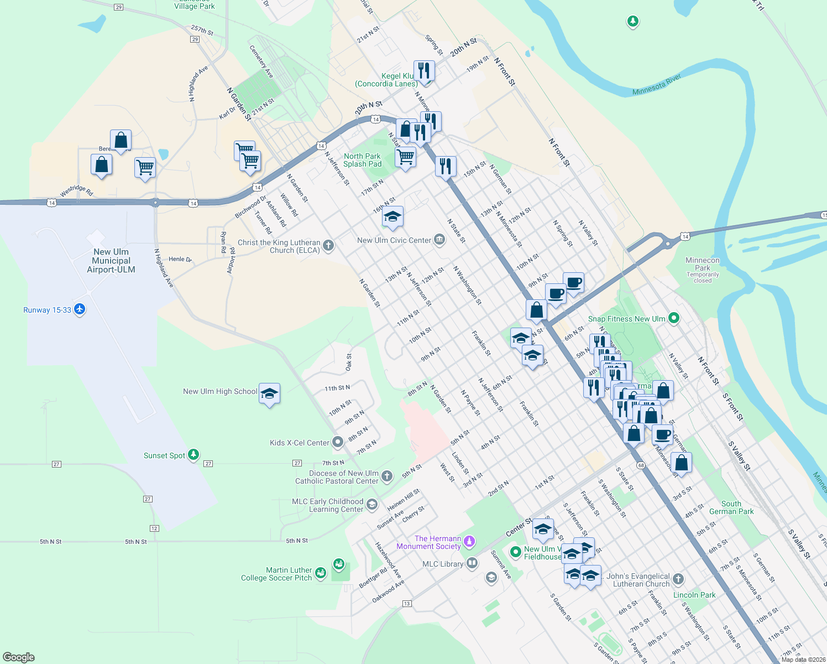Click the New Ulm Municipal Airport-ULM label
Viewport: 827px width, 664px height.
pyautogui.click(x=111, y=261)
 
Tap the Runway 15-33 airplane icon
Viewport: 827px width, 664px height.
pyautogui.click(x=80, y=309)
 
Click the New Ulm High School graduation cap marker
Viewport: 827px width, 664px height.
pyautogui.click(x=269, y=393)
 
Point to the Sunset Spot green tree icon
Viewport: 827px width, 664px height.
pyautogui.click(x=193, y=455)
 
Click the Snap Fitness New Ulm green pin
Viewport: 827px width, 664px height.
pyautogui.click(x=673, y=318)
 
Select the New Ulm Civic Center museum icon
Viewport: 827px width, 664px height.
pyautogui.click(x=439, y=240)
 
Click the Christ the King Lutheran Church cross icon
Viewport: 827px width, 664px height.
pyautogui.click(x=328, y=245)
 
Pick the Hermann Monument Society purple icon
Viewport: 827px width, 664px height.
pyautogui.click(x=469, y=541)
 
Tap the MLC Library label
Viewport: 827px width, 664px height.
pyautogui.click(x=443, y=564)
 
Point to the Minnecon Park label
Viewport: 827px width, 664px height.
pyautogui.click(x=703, y=264)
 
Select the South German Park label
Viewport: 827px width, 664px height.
pyautogui.click(x=731, y=507)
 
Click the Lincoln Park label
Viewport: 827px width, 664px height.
pyautogui.click(x=694, y=595)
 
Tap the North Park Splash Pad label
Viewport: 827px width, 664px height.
pyautogui.click(x=362, y=160)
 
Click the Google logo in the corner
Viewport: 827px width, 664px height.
pyautogui.click(x=19, y=657)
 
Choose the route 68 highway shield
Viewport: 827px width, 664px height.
pyautogui.click(x=640, y=465)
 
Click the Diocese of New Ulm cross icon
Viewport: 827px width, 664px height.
pyautogui.click(x=387, y=476)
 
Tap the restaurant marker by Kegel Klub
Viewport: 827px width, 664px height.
pyautogui.click(x=424, y=70)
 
